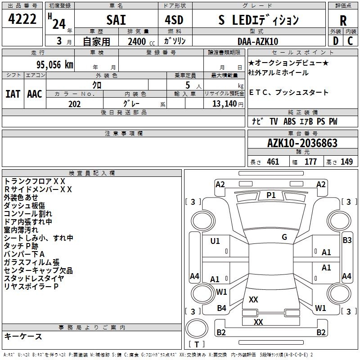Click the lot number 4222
(22, 19)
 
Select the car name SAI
(116, 20)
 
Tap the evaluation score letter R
(343, 21)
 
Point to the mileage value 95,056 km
(55, 65)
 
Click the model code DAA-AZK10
(258, 41)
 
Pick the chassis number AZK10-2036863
(302, 143)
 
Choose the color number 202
(75, 104)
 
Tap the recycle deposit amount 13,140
(225, 104)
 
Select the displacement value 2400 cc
(141, 41)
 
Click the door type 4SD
(174, 20)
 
